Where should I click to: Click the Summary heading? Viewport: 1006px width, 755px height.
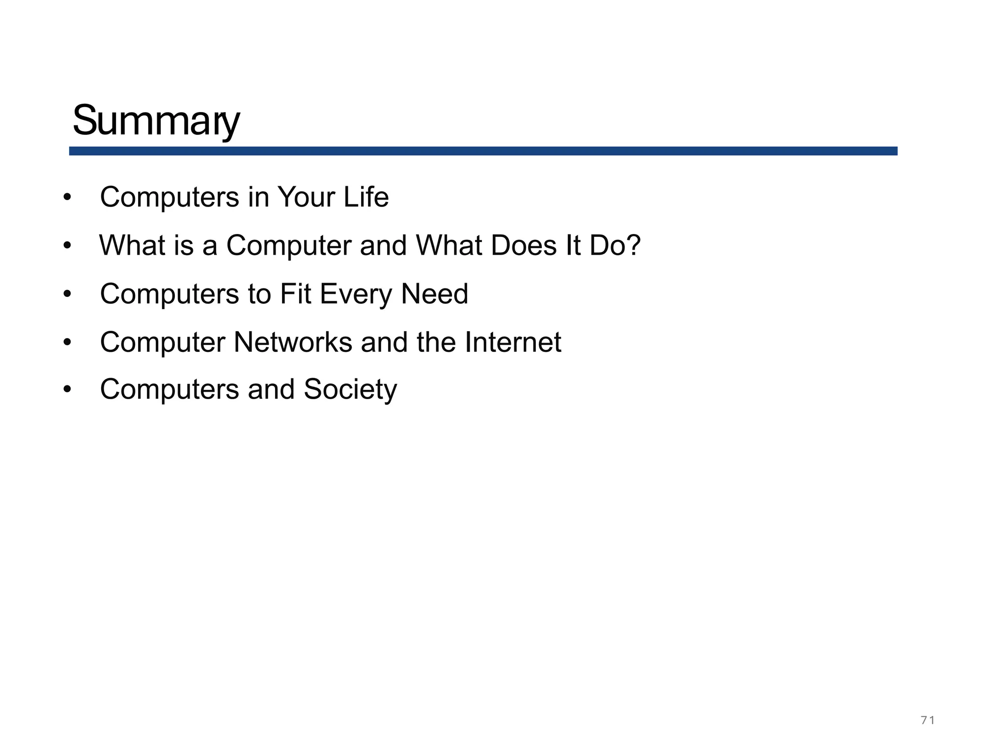156,121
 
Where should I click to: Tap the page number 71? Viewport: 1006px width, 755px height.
927,721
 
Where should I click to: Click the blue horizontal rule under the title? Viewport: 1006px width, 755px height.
483,151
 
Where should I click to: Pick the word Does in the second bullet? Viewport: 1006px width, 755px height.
524,245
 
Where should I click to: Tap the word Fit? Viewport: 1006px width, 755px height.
296,293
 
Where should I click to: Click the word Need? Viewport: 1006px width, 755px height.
435,293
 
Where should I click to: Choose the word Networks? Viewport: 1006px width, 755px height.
293,342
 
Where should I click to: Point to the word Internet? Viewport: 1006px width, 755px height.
513,342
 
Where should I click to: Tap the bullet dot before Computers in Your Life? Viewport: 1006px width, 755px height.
67,198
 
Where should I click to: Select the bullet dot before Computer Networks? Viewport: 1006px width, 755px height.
67,342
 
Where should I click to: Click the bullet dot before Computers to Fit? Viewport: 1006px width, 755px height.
67,294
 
